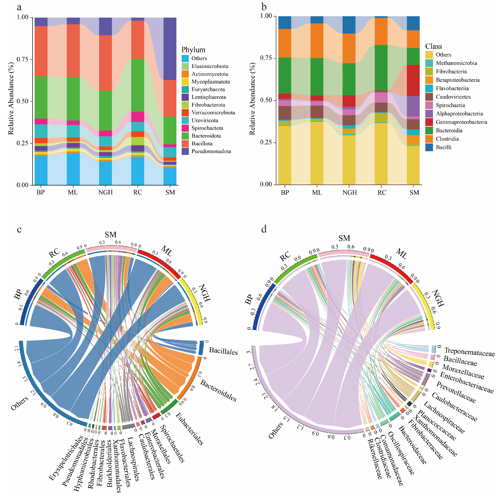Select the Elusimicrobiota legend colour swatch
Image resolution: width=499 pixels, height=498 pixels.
[185, 66]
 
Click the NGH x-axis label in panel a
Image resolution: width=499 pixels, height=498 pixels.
[105, 192]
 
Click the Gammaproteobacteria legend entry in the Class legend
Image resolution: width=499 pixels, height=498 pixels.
[461, 122]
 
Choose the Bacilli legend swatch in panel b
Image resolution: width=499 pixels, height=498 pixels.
[429, 147]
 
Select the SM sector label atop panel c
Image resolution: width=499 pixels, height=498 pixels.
[111, 235]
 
